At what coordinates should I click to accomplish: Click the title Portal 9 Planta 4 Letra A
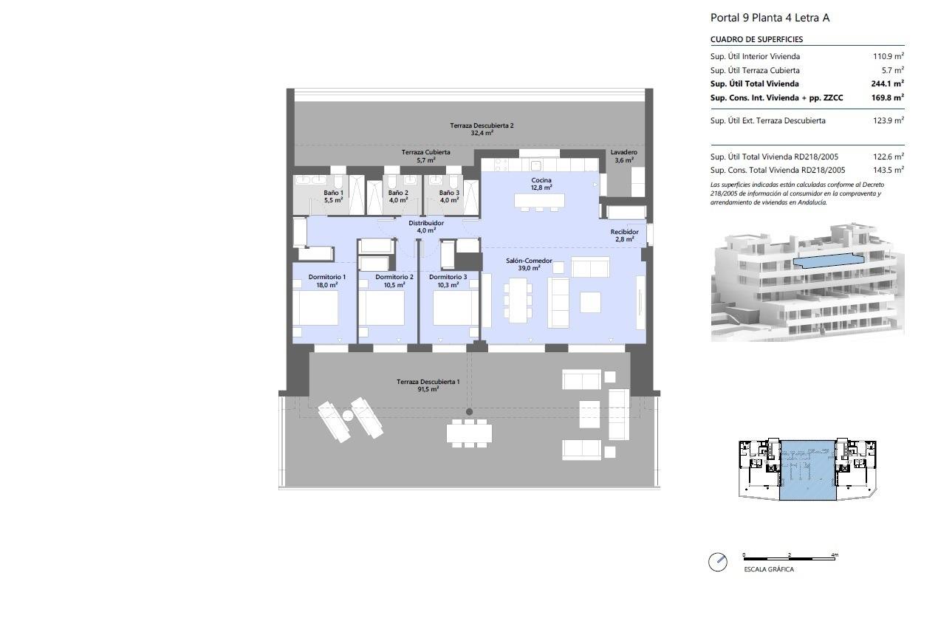[x=770, y=18]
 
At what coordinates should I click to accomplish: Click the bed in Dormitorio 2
[x=381, y=307]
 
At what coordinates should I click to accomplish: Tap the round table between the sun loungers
[x=348, y=416]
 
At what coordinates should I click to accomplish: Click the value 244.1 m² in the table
[x=887, y=84]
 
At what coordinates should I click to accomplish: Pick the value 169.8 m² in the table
[x=887, y=97]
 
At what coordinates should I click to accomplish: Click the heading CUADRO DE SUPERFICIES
[x=756, y=39]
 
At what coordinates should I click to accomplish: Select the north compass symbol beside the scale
[x=717, y=562]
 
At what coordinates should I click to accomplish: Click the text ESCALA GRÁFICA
[x=769, y=569]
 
